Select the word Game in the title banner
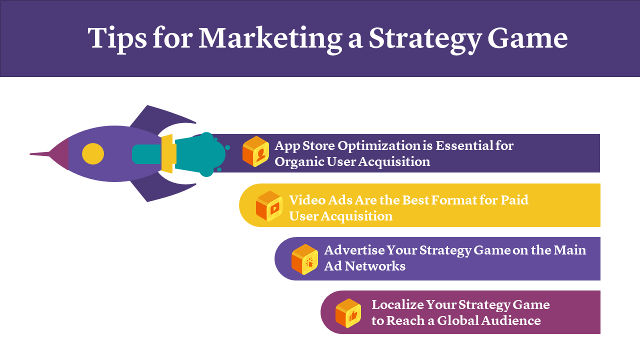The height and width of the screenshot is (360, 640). (527, 38)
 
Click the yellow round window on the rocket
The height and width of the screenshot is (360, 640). (93, 153)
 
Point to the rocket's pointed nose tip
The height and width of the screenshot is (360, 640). (30, 154)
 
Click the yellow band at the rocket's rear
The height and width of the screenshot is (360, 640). (168, 153)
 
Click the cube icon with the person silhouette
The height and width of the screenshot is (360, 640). (255, 151)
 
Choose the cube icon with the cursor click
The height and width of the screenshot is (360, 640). (304, 259)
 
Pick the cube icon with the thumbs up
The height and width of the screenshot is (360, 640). (348, 313)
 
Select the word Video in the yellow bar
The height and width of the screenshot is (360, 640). (307, 200)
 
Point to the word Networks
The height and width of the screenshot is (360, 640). (375, 266)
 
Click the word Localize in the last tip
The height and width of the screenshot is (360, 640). (397, 304)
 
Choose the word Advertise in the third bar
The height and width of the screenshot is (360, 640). (354, 250)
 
